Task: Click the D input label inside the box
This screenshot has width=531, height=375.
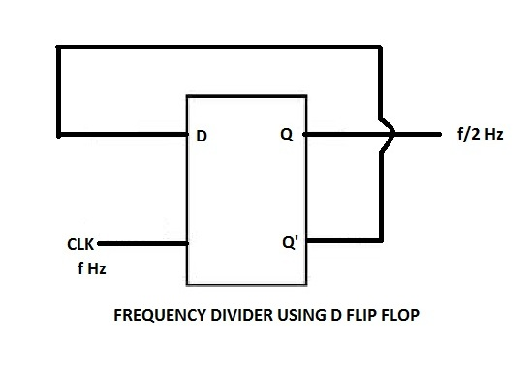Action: pyautogui.click(x=201, y=137)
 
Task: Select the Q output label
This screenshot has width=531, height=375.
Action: pyautogui.click(x=286, y=136)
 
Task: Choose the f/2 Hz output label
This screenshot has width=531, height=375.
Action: pyautogui.click(x=480, y=135)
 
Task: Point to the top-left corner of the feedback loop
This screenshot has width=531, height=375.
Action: pyautogui.click(x=59, y=47)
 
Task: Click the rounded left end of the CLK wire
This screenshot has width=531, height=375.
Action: pyautogui.click(x=100, y=244)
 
